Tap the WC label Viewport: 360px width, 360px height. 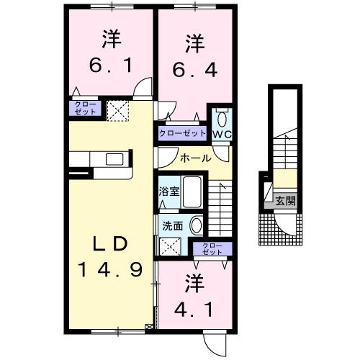(x=220, y=134)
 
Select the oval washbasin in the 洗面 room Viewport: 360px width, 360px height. (x=195, y=225)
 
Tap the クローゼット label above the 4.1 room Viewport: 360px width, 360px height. (x=212, y=249)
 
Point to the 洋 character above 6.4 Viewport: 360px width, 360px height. (x=193, y=43)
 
